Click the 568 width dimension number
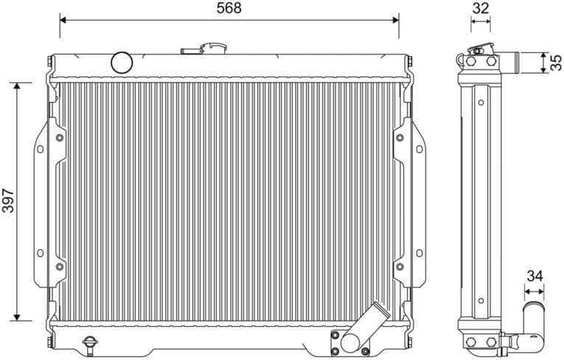229,8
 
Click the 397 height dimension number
8,201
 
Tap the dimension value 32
481,8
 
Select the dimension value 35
555,61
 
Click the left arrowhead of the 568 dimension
63,20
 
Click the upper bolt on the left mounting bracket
59,137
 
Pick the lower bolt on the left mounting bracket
59,266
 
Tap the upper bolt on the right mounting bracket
400,137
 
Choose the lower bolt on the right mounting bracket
400,266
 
